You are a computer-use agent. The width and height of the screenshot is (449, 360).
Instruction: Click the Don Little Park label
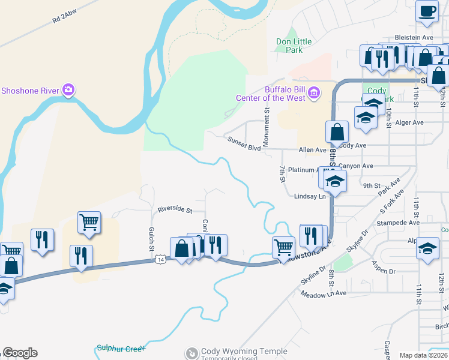(294, 46)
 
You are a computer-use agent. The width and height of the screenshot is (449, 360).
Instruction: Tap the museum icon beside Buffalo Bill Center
(314, 92)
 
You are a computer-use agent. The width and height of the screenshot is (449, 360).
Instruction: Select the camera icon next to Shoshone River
(68, 91)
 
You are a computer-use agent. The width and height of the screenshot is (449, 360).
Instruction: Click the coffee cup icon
(427, 11)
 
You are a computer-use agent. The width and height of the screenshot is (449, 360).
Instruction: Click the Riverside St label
(174, 210)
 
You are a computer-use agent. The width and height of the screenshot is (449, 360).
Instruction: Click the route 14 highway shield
(160, 259)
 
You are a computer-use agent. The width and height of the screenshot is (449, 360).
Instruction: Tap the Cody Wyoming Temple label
(236, 351)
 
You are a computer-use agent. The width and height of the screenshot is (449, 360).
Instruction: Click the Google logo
(20, 353)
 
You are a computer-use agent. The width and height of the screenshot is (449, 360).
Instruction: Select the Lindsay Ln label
(309, 196)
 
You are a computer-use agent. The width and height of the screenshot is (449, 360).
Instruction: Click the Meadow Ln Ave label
(324, 294)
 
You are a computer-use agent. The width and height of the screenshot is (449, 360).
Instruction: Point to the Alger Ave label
(410, 122)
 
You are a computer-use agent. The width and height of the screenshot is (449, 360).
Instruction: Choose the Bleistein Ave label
(414, 37)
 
